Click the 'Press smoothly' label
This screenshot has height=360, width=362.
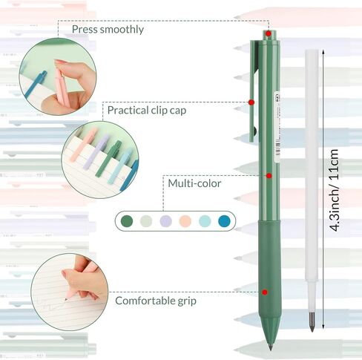click(108, 30)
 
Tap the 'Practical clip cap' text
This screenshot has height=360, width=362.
click(147, 111)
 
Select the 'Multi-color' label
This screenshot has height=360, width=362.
click(194, 183)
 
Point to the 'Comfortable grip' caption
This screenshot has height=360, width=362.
click(156, 301)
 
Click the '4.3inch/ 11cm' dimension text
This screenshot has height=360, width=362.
click(334, 190)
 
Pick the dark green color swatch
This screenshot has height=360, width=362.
click(127, 221)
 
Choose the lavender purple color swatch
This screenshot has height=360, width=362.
click(166, 221)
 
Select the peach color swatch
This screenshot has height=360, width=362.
click(185, 221)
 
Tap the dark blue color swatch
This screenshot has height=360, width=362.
click(224, 221)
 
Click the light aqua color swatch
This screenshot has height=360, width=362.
click(205, 221)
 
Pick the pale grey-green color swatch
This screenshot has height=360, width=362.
click(146, 221)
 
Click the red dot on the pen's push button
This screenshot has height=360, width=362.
click(269, 33)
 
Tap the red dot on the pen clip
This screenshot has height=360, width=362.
click(251, 102)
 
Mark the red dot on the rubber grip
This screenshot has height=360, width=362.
click(265, 292)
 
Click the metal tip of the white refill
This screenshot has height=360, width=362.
click(312, 321)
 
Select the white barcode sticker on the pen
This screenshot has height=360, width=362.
click(277, 126)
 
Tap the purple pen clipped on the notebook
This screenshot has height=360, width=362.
click(96, 152)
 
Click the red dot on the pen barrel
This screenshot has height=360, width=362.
click(269, 176)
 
